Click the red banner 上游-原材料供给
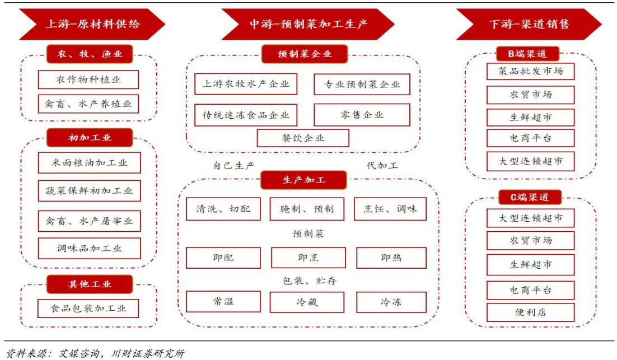(92, 24)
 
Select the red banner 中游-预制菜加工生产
(308, 24)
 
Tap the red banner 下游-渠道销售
(529, 24)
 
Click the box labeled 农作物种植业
(88, 80)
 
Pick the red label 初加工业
(90, 138)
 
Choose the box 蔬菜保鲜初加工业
(89, 191)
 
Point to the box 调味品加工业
(89, 249)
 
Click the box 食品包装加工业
(88, 308)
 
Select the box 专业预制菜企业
(362, 85)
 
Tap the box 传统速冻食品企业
(246, 115)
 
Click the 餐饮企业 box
(303, 138)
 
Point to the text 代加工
(382, 166)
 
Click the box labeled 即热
(391, 258)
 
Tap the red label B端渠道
(527, 54)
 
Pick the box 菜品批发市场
(530, 71)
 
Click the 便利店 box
(530, 312)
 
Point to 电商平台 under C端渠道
(530, 290)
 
